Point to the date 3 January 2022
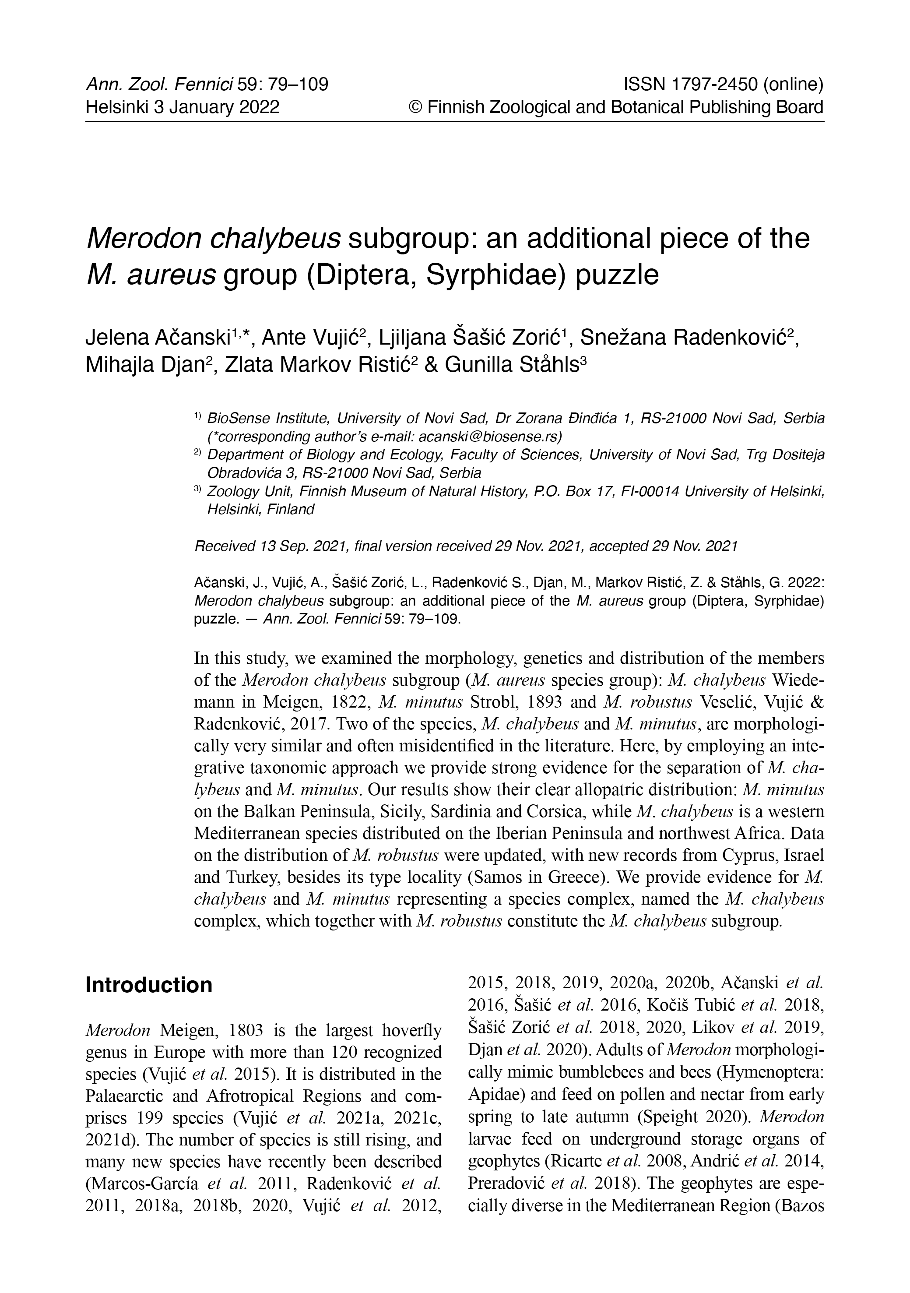click(216, 107)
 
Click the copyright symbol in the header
click(415, 107)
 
